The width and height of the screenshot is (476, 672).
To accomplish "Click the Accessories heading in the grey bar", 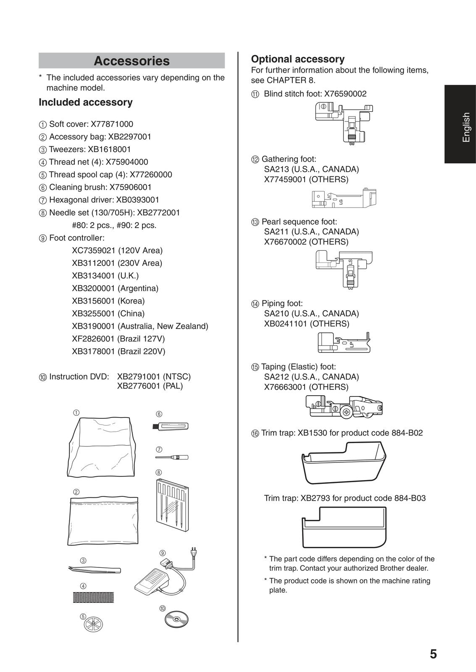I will pyautogui.click(x=131, y=61).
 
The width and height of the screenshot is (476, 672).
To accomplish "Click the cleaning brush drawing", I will pyautogui.click(x=170, y=426).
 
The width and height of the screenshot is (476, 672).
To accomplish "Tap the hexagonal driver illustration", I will pyautogui.click(x=171, y=457).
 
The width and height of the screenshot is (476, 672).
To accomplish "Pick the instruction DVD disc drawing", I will pyautogui.click(x=176, y=619).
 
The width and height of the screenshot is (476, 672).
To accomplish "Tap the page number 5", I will pyautogui.click(x=433, y=654).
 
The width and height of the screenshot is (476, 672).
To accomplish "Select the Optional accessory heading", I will pyautogui.click(x=297, y=59).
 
